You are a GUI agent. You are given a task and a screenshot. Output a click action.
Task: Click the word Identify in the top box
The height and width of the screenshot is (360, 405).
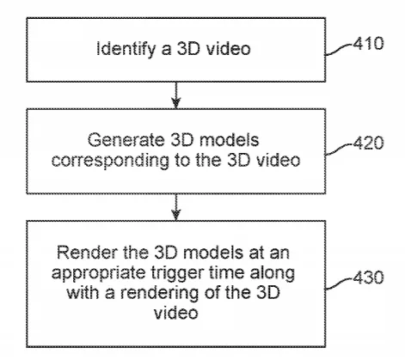pyautogui.click(x=126, y=49)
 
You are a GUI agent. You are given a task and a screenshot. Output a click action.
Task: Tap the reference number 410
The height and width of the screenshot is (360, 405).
pyautogui.click(x=368, y=44)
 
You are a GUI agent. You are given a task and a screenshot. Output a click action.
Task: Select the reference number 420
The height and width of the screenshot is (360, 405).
pyautogui.click(x=368, y=143)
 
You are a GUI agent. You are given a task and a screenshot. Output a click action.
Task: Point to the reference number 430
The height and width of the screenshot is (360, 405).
pyautogui.click(x=368, y=278)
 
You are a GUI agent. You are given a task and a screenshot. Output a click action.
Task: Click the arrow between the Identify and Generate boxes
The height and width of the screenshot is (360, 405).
pyautogui.click(x=176, y=95)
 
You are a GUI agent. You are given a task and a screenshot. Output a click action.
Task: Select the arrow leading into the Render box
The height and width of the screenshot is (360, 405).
pyautogui.click(x=176, y=207)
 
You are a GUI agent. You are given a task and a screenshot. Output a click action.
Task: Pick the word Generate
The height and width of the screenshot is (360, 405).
pyautogui.click(x=126, y=140)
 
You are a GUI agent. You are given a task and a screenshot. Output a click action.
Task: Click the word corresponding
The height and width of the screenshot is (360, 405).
pyautogui.click(x=110, y=161)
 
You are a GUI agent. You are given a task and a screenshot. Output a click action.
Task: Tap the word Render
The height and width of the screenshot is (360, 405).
pyautogui.click(x=87, y=253)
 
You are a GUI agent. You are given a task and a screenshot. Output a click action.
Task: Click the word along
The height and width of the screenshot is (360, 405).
pyautogui.click(x=273, y=273)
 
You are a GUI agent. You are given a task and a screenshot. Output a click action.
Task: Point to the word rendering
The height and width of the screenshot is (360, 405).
pyautogui.click(x=160, y=294)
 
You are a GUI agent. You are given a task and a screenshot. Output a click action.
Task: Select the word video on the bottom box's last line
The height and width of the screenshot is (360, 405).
pyautogui.click(x=175, y=312)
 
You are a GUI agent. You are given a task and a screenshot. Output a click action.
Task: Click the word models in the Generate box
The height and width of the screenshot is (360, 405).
pyautogui.click(x=229, y=140)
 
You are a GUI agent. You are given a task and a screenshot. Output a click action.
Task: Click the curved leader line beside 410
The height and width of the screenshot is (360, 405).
pyautogui.click(x=339, y=49)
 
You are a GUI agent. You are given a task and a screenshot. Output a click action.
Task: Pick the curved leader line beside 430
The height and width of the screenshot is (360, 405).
pyautogui.click(x=339, y=283)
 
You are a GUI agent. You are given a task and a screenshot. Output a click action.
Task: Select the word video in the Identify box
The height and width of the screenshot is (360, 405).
pyautogui.click(x=229, y=49)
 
